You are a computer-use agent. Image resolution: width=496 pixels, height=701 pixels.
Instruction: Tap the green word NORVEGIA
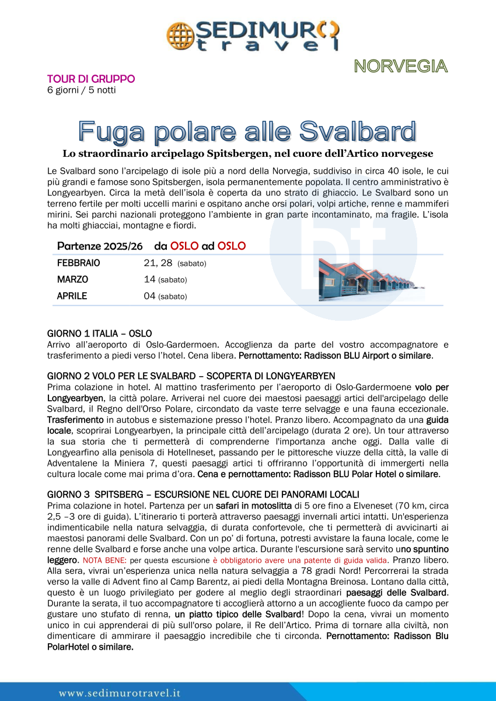point(401,66)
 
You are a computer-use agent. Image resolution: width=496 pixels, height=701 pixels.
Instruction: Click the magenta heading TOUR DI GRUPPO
point(91,79)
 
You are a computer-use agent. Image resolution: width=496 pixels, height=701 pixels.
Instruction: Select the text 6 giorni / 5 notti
point(82,90)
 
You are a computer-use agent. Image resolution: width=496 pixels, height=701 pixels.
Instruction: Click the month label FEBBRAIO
point(79,263)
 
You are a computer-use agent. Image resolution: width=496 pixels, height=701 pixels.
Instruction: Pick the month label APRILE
point(72,296)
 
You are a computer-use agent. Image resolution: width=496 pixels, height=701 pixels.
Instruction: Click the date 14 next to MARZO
point(149,279)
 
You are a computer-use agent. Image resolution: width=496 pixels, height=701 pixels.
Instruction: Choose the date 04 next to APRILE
point(149,296)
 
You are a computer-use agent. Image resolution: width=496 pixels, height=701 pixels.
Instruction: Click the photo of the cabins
point(371,279)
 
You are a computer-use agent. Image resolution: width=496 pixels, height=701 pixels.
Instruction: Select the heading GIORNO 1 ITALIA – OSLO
point(99,334)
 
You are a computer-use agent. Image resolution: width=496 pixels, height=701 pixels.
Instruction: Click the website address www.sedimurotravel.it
point(120,693)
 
